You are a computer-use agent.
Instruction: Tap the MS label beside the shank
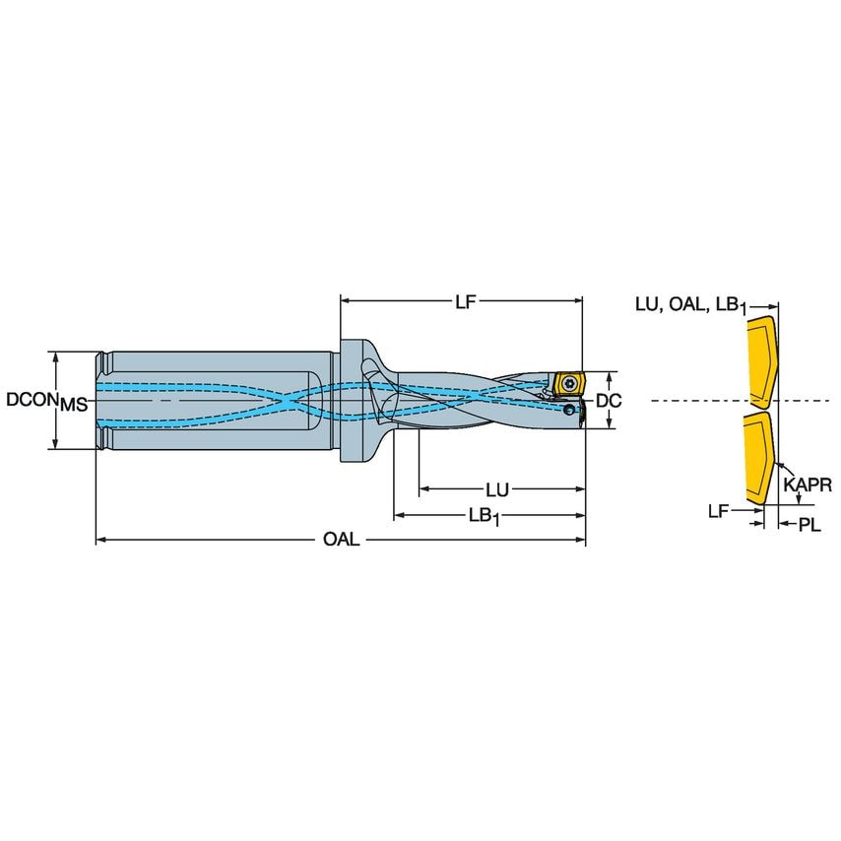74,405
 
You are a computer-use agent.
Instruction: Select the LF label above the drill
465,302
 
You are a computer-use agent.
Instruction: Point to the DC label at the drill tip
609,401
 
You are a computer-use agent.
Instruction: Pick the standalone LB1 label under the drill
484,516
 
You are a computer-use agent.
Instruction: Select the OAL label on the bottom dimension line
342,541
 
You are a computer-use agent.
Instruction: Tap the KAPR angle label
808,485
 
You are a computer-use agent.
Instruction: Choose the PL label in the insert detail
809,526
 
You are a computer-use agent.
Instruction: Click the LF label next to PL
719,511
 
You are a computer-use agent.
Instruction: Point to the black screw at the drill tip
570,409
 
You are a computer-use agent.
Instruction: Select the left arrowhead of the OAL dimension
99,541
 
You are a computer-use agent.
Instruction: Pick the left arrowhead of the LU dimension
422,489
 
